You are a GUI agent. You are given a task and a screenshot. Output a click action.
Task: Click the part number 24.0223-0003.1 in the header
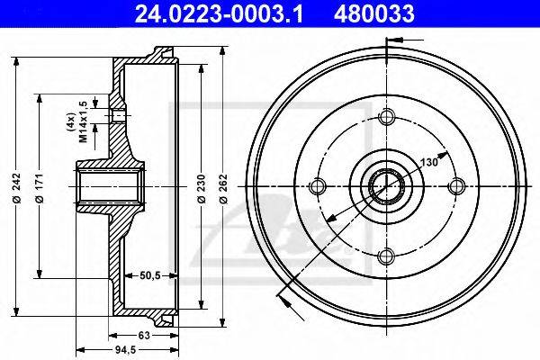pyautogui.click(x=219, y=13)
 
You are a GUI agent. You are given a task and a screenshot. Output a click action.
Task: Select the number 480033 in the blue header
pyautogui.click(x=373, y=13)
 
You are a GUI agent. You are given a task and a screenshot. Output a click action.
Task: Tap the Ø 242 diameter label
pyautogui.click(x=16, y=188)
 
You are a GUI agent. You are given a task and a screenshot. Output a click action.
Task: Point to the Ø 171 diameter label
pyautogui.click(x=40, y=188)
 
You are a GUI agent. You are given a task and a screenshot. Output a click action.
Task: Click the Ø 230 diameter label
pyautogui.click(x=202, y=188)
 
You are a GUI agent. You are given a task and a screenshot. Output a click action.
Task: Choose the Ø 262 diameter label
pyautogui.click(x=224, y=188)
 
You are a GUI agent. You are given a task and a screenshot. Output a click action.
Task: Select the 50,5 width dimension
pyautogui.click(x=150, y=275)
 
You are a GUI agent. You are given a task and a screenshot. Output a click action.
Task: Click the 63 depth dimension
pyautogui.click(x=144, y=335)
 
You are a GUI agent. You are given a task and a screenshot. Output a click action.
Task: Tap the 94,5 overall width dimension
pyautogui.click(x=126, y=350)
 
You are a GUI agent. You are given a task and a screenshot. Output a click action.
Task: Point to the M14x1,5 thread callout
pyautogui.click(x=83, y=121)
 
